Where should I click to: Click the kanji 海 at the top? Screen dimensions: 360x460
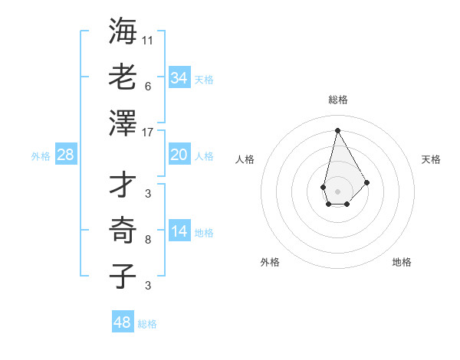coord(123,31)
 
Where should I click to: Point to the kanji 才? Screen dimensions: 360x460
coord(123,184)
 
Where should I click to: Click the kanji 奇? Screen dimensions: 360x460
coord(123,229)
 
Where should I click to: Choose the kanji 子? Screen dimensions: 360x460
coord(123,275)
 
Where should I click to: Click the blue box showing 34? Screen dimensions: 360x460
coord(179,78)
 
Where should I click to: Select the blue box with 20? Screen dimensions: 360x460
coord(179,155)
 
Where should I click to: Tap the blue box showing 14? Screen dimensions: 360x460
coord(179,231)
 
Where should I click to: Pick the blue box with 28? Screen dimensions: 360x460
coord(66,155)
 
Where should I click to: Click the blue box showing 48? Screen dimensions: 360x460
coord(123,322)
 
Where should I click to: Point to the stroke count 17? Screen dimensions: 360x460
coord(147,132)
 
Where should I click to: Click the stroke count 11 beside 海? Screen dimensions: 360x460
coord(147,40)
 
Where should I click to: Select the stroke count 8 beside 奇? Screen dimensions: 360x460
coord(147,240)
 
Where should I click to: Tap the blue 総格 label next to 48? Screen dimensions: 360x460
coord(147,324)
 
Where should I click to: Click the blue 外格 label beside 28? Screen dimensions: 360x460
coord(41,156)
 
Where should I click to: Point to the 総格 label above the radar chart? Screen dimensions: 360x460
coord(338,100)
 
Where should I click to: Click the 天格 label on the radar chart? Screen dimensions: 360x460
coord(432,159)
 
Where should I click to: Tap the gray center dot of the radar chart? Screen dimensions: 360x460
coord(337,191)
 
